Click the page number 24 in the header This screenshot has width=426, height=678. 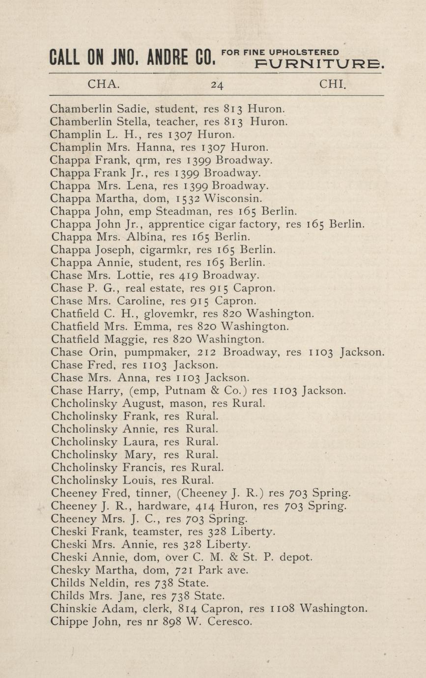point(217,85)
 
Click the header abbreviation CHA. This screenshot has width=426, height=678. point(103,84)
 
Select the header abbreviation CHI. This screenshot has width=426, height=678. point(333,84)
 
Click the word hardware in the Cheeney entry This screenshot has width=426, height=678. point(160,505)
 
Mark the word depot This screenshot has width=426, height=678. point(296,557)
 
